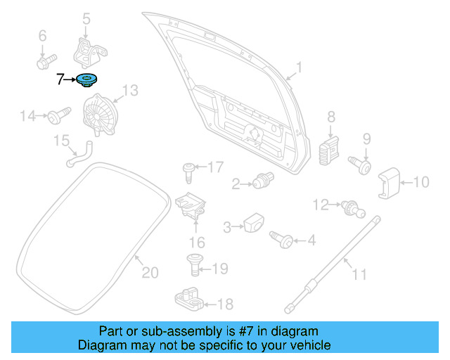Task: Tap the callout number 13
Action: [131, 90]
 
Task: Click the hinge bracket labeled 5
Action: [88, 51]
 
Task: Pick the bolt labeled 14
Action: [58, 114]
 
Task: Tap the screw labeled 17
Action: [188, 168]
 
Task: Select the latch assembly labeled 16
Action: [191, 205]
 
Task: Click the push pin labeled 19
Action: [194, 264]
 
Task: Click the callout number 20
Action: [150, 272]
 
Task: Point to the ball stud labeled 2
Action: [263, 181]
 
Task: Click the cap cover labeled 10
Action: [390, 183]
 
